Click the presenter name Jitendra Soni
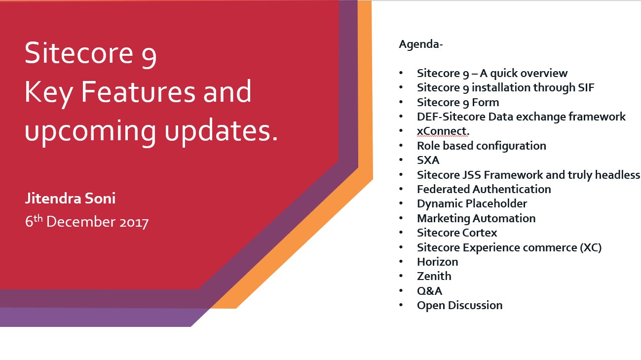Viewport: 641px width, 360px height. point(71,199)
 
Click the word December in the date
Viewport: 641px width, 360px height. point(81,222)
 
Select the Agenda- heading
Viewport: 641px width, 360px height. point(420,44)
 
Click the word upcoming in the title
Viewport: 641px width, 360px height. point(90,132)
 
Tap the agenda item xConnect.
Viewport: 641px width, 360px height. point(443,131)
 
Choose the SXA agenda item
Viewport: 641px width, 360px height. point(428,160)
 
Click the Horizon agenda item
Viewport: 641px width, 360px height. point(438,262)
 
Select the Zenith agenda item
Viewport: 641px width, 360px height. point(434,277)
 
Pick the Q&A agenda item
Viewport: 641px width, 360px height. point(429,291)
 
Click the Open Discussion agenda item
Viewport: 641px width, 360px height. point(459,306)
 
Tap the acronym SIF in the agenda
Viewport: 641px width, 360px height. point(586,87)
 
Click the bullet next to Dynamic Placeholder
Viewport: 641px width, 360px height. point(401,203)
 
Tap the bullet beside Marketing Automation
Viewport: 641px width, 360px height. point(401,218)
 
